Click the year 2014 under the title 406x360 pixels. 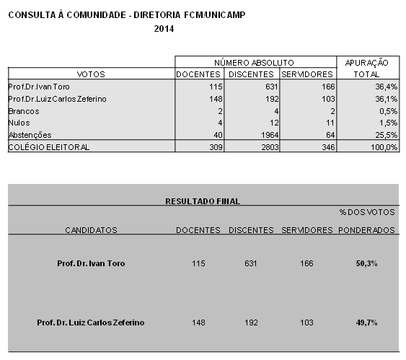tap(164, 28)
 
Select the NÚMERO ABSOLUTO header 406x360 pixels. tap(254, 63)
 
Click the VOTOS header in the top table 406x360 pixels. tap(91, 74)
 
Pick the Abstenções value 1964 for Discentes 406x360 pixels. tap(270, 135)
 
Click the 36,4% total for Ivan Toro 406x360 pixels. tap(386, 87)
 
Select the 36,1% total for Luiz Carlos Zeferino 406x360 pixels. tap(386, 99)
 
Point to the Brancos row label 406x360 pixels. tap(24, 111)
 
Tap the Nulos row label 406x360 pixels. tap(19, 123)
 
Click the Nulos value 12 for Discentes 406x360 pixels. tap(274, 123)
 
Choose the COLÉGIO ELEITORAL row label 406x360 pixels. tap(49, 147)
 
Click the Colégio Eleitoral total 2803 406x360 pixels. tap(270, 147)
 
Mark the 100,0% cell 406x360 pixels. tap(384, 147)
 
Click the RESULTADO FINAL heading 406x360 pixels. tap(203, 201)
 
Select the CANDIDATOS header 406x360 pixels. tap(91, 230)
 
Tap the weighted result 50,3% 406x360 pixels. tap(366, 263)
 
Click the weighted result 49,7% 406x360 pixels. tap(366, 322)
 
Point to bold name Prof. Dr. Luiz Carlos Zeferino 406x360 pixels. tap(91, 322)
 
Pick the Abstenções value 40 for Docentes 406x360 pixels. tap(218, 135)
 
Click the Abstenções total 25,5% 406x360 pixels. tap(386, 135)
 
